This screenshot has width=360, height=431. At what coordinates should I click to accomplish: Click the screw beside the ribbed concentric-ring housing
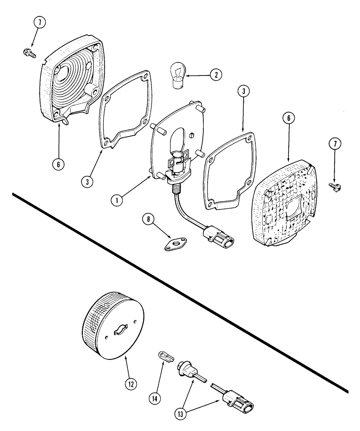coord(28,53)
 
